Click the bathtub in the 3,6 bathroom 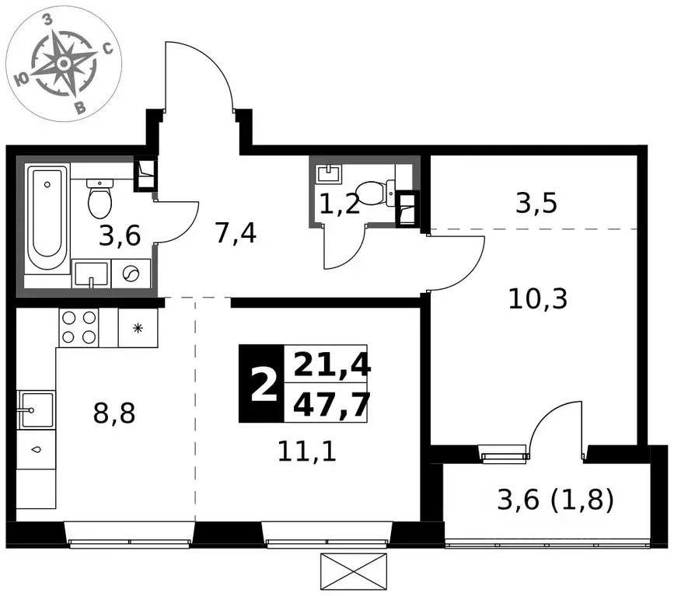point(47,218)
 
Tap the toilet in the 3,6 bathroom point(100,198)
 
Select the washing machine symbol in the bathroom point(131,274)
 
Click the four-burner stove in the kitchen point(79,327)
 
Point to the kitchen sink point(36,410)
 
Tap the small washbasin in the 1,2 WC point(329,173)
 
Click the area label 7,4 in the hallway point(236,234)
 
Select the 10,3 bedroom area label point(538,299)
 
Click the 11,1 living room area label point(307,451)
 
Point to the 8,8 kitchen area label point(114,413)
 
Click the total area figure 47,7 point(331,404)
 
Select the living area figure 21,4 point(331,364)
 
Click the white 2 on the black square point(263,385)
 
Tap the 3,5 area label point(536,203)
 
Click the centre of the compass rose point(64,64)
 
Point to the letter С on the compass point(107,48)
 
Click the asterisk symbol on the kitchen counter point(138,329)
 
